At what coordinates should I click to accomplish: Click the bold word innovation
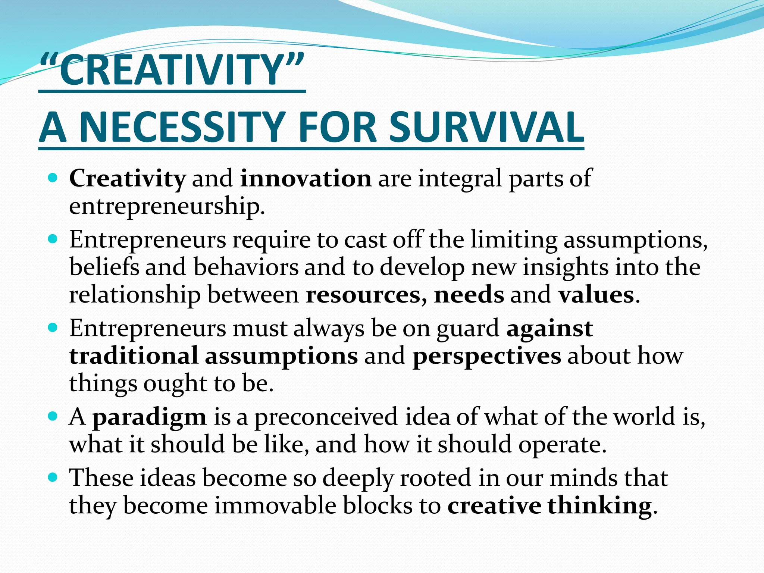pyautogui.click(x=306, y=178)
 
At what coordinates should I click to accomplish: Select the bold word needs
pyautogui.click(x=469, y=295)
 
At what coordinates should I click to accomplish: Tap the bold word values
pyautogui.click(x=596, y=295)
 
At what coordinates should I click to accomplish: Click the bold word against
pyautogui.click(x=549, y=328)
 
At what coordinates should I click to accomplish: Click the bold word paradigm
pyautogui.click(x=149, y=417)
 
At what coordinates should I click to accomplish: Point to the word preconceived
pyautogui.click(x=326, y=417)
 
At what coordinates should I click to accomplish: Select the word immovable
pyautogui.click(x=275, y=506)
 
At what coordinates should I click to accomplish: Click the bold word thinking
pyautogui.click(x=599, y=506)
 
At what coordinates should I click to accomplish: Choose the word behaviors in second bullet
pyautogui.click(x=246, y=267)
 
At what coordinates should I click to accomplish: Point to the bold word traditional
pyautogui.click(x=134, y=356)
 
